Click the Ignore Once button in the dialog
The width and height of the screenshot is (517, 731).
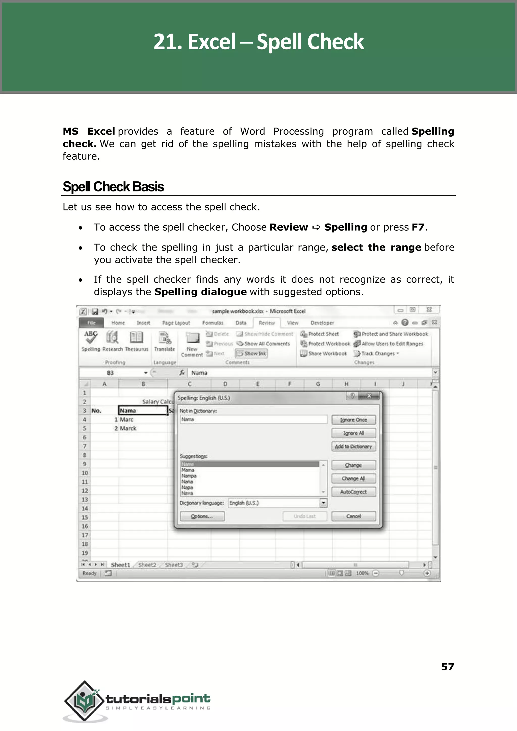pos(353,420)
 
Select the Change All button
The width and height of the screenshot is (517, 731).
pos(353,478)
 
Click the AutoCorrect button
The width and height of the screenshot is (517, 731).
pos(353,492)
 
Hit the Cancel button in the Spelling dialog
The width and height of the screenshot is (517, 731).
pos(353,516)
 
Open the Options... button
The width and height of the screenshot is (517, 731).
pos(202,516)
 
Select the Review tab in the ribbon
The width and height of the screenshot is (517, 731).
pos(267,323)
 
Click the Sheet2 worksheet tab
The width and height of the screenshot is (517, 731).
pos(147,565)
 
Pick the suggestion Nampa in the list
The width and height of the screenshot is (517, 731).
pos(189,476)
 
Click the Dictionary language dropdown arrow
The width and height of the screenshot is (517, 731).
pos(323,503)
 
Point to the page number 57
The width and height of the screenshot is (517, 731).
pos(447,667)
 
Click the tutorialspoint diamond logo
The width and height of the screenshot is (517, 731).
pos(84,701)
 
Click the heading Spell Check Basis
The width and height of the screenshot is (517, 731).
pos(113,187)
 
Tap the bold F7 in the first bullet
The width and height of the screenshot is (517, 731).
pos(418,227)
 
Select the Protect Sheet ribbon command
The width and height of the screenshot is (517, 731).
pos(320,334)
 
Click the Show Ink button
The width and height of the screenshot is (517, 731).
pos(251,354)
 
